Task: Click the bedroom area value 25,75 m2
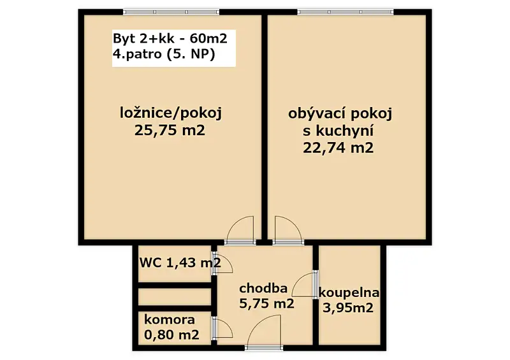point(170,131)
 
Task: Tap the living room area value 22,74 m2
point(339,148)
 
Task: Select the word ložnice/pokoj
point(171,114)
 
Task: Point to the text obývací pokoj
point(340,114)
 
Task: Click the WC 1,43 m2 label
point(180,262)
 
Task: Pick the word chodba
point(263,288)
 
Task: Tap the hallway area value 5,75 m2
point(266,303)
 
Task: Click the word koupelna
point(349,293)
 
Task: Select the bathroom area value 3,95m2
point(347,307)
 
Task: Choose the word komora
point(170,320)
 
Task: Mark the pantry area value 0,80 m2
point(171,335)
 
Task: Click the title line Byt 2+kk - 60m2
point(170,39)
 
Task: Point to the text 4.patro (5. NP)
point(164,54)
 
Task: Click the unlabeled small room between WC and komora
point(175,296)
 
